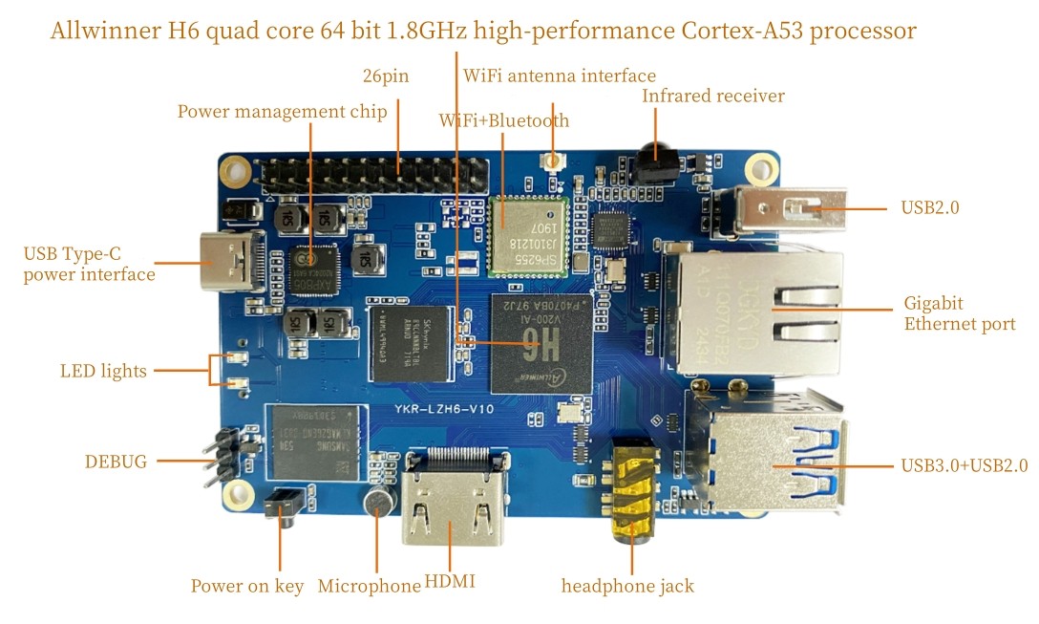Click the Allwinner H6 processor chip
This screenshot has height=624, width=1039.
click(541, 343)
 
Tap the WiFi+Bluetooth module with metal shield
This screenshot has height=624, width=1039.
click(528, 234)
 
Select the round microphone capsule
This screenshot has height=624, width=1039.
click(378, 502)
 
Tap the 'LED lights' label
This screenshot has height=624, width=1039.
click(103, 371)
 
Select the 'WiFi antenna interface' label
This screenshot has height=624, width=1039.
click(560, 75)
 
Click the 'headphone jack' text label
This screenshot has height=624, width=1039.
click(627, 586)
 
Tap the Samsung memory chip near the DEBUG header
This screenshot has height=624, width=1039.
click(316, 441)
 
